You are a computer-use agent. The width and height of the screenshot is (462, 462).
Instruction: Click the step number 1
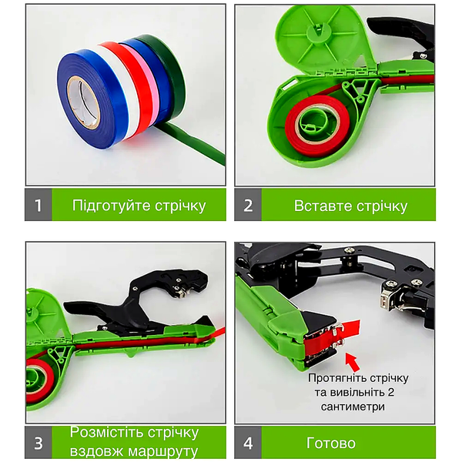38,206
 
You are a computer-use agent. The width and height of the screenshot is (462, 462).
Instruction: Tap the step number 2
248,206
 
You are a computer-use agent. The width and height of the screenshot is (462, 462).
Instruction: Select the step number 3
38,444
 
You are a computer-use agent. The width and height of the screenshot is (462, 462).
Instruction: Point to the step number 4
248,444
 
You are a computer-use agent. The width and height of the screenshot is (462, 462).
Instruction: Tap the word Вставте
323,206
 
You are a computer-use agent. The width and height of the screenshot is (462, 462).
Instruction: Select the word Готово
331,444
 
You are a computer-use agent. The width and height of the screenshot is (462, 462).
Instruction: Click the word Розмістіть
107,433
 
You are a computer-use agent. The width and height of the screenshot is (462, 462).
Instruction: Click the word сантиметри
353,407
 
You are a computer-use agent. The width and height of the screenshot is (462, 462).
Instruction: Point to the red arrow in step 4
353,362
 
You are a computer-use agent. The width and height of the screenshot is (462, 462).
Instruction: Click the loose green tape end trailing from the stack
195,145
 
